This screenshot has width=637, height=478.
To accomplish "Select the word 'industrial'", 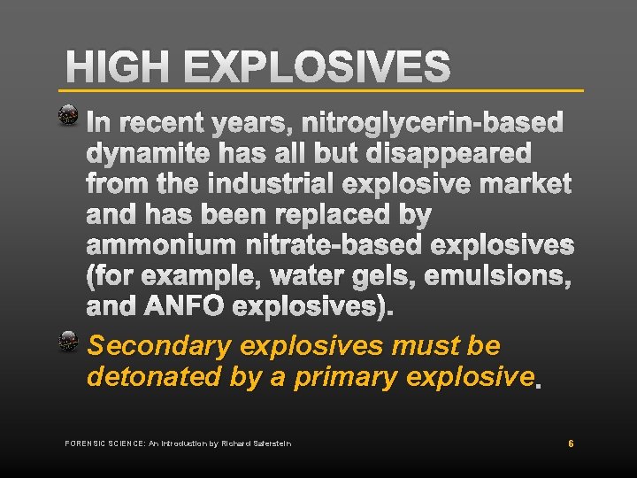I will [x=257, y=185].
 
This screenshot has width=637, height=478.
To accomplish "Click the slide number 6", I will [x=572, y=443].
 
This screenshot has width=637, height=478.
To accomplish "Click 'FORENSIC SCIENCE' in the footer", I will [x=102, y=443].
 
